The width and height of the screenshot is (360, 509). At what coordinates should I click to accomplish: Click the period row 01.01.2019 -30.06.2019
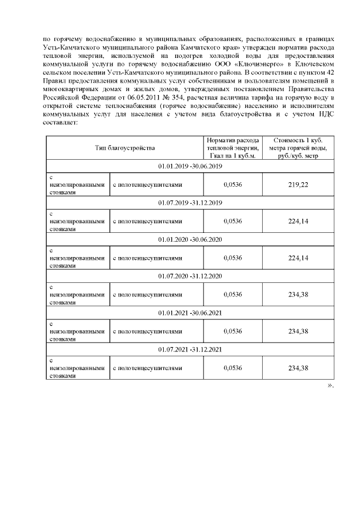[x=191, y=167]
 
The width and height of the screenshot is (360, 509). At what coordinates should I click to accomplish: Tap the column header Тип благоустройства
[x=124, y=148]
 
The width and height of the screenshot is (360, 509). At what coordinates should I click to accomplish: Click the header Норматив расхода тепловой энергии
[x=232, y=148]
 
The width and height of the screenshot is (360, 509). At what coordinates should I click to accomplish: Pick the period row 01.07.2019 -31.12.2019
[x=191, y=202]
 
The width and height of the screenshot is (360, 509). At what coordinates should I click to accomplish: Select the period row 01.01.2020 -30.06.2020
[x=191, y=239]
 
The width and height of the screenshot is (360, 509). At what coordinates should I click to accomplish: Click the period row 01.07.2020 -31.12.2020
[x=191, y=276]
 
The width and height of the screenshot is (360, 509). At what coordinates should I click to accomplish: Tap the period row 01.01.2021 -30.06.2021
[x=191, y=312]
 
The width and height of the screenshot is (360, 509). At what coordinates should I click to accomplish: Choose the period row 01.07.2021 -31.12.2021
[x=191, y=349]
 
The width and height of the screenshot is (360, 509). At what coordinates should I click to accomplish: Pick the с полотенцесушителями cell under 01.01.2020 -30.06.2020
[x=148, y=258]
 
